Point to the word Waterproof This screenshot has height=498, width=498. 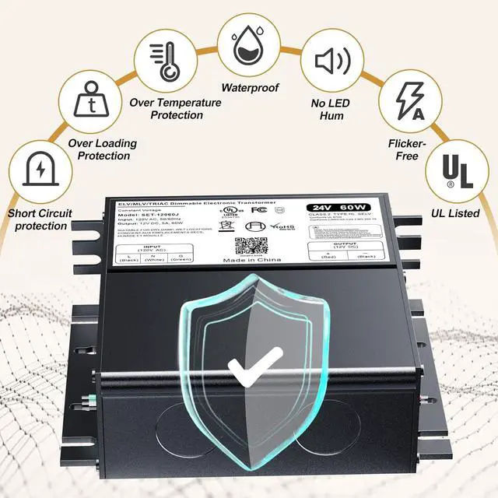[x=250, y=88]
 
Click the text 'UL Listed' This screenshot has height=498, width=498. [x=455, y=212]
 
